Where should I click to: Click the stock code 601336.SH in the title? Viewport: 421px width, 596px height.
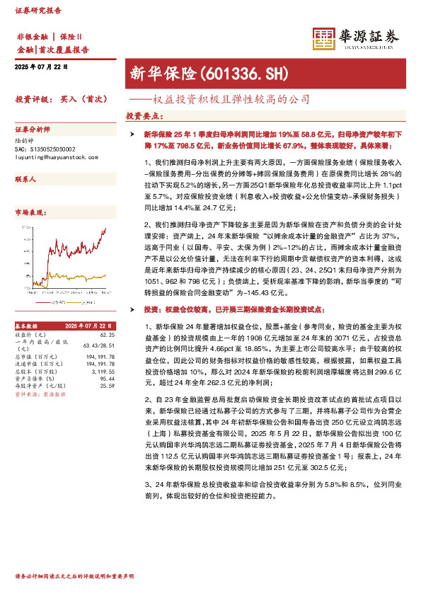pos(244,73)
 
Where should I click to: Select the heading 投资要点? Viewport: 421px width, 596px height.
pos(144,115)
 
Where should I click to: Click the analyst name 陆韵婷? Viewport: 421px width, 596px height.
pos(26,141)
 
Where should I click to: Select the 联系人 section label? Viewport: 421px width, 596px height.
pos(25,180)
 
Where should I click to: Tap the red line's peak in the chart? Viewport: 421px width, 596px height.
pos(105,229)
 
